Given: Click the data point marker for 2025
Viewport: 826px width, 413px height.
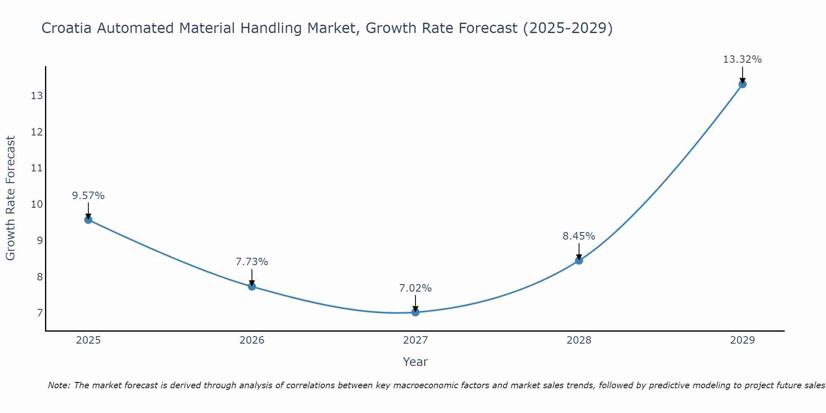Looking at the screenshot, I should coord(88,220).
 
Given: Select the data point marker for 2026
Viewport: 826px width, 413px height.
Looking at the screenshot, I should coord(252,286).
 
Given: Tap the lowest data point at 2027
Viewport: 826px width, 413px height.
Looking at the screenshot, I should coord(415,312).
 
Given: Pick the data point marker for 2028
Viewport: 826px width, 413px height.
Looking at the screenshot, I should coord(579,261).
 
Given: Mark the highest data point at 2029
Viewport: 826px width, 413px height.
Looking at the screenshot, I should coord(742,84).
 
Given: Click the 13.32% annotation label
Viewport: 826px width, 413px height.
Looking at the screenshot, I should coord(742,59).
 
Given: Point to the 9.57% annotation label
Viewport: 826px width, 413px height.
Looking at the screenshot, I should coord(88,196).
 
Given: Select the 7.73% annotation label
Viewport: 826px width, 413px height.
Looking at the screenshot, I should coord(252,262).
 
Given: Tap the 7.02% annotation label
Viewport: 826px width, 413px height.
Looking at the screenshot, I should coord(415,288).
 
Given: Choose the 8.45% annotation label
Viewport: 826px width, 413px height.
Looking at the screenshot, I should coord(579,236).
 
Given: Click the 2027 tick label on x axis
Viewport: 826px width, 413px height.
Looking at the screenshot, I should coord(415,340).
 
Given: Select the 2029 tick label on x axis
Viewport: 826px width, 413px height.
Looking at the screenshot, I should coord(742,340).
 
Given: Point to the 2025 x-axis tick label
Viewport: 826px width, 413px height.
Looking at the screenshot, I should coord(88,340).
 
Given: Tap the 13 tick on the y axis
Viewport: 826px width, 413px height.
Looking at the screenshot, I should coord(37,96).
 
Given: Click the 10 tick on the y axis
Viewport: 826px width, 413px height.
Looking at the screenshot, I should coord(37,204).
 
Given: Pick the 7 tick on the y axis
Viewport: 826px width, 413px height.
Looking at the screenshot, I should coord(40,313).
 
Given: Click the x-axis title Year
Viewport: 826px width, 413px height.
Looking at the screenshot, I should coord(415,362).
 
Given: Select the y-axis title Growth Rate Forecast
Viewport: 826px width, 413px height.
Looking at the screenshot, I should coord(11,198).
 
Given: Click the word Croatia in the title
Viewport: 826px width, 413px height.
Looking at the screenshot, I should coord(66,28).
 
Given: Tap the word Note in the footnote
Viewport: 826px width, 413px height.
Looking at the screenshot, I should coord(59,385).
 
